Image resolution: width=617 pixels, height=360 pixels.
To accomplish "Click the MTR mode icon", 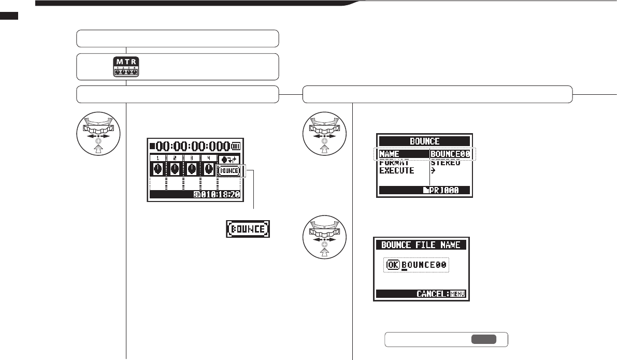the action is tap(125, 66).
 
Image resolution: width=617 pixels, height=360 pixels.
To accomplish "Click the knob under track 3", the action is tap(191, 169).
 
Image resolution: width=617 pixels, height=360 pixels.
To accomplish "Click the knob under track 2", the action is tap(175, 169).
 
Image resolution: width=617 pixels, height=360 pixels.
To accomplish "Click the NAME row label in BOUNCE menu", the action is tap(391, 154).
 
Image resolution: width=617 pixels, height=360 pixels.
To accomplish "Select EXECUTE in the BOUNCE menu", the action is tap(397, 170).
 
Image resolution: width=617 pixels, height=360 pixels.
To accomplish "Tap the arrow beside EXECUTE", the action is tap(434, 170).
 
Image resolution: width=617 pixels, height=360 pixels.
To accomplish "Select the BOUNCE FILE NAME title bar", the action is tap(421, 245).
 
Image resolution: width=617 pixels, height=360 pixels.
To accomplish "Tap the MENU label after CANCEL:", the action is tap(457, 294).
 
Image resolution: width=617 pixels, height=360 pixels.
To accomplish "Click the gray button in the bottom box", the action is tap(483, 339).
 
